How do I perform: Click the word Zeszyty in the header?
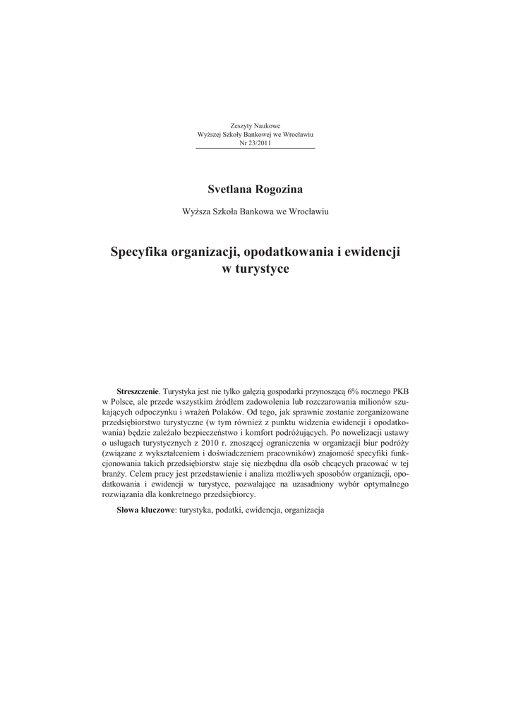pos(241,126)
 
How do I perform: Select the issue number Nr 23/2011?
pos(255,142)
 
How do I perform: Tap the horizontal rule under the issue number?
pos(255,149)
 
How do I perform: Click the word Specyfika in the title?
pos(139,252)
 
